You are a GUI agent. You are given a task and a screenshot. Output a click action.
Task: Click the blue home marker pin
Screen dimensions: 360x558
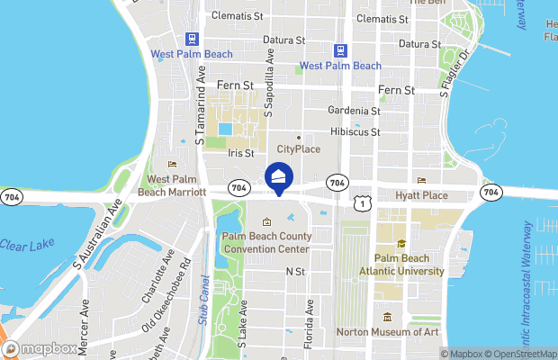pyautogui.click(x=279, y=177)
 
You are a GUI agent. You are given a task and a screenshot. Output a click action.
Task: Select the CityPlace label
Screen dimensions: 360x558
pyautogui.click(x=299, y=148)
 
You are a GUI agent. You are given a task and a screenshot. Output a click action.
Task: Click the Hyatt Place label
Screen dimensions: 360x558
pyautogui.click(x=421, y=195)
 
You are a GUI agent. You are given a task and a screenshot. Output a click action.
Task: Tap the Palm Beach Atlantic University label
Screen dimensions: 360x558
pyautogui.click(x=401, y=264)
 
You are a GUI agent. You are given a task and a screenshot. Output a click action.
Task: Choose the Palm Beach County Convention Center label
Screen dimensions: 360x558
pyautogui.click(x=266, y=242)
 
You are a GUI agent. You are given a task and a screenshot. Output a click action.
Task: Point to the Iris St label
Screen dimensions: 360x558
pyautogui.click(x=240, y=154)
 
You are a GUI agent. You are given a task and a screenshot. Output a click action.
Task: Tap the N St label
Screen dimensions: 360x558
pyautogui.click(x=295, y=271)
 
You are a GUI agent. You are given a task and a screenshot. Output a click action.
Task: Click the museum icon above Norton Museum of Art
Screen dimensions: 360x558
pyautogui.click(x=387, y=317)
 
